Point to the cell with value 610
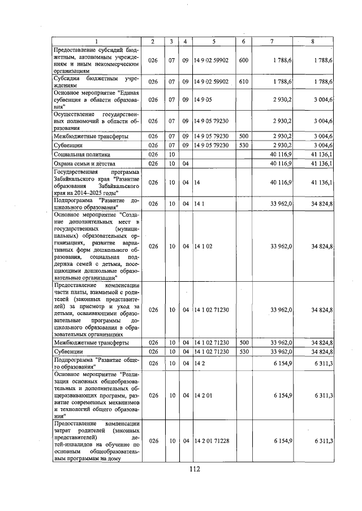(x=243, y=82)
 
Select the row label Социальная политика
(x=82, y=154)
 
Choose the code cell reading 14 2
(x=198, y=364)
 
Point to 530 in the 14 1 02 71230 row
(x=243, y=352)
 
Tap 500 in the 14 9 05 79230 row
(x=243, y=136)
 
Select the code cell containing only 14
(x=197, y=183)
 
